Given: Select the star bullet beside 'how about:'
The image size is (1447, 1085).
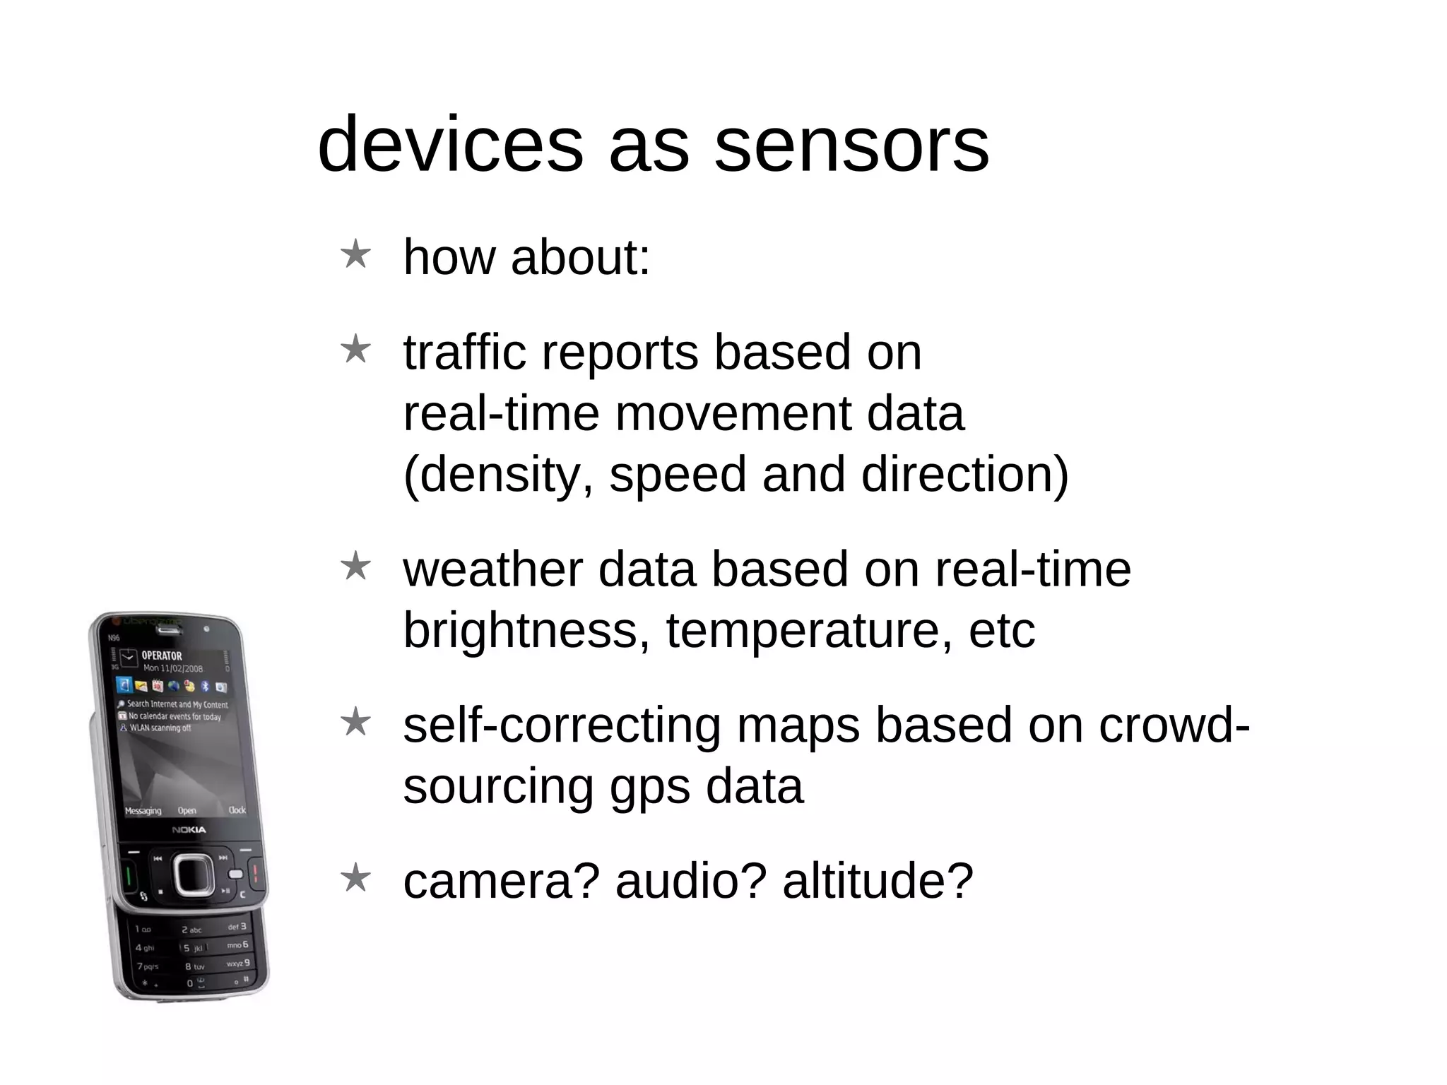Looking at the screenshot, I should click(355, 254).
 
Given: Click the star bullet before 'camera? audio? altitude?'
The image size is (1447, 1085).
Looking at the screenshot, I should click(355, 878).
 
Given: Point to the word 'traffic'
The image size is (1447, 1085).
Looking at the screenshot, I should click(464, 352).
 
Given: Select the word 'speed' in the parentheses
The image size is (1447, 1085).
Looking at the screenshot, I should click(677, 474).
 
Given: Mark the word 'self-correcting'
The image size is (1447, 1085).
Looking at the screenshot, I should click(562, 725).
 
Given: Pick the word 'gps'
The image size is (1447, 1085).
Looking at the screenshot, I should click(649, 787).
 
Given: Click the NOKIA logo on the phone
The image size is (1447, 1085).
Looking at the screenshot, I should click(189, 829).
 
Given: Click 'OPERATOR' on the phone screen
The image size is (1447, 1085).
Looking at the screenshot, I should click(162, 656).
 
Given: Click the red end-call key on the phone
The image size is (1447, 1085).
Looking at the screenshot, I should click(255, 872).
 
